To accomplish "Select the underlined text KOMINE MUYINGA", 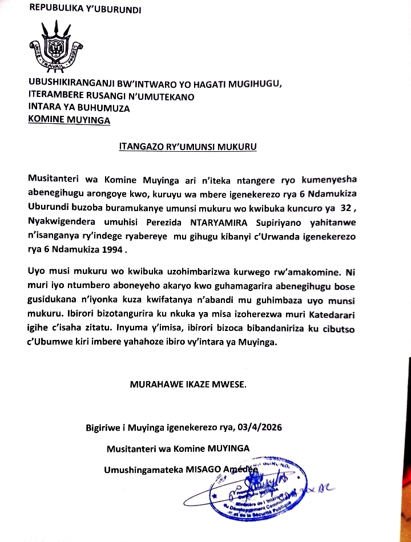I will coord(70,119).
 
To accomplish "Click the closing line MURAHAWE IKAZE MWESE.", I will coord(188,385).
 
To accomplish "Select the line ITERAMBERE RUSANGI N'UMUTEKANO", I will coord(111,96).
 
